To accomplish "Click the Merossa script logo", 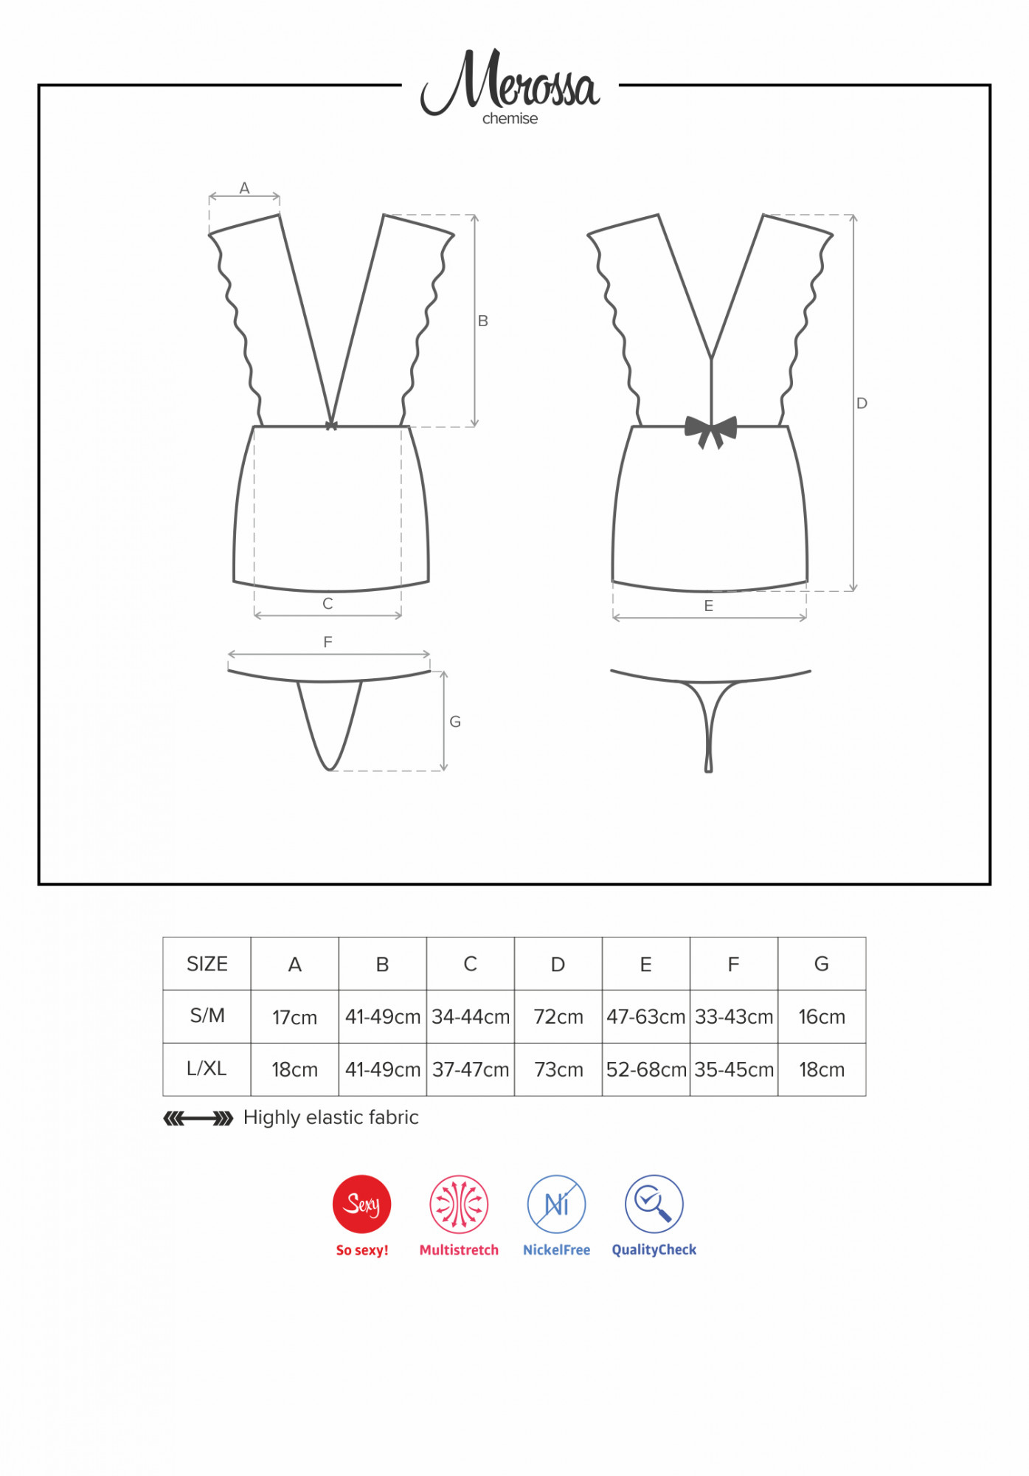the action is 510,81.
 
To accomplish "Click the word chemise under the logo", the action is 510,119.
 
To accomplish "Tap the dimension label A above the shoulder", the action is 244,188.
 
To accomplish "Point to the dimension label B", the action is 483,321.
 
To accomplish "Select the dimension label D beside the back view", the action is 862,403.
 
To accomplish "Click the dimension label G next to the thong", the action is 455,722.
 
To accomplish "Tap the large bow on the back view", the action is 710,431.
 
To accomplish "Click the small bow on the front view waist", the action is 331,425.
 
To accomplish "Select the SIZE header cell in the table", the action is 207,964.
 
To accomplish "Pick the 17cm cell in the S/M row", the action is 295,1017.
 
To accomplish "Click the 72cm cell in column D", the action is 558,1017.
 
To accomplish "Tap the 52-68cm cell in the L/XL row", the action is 646,1069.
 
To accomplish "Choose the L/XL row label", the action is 207,1069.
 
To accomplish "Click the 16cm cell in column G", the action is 822,1017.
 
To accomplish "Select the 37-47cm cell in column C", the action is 471,1069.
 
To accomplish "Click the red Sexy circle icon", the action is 361,1204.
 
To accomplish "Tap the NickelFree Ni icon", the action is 556,1204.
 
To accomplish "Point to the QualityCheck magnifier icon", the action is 654,1204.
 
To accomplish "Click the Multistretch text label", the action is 459,1249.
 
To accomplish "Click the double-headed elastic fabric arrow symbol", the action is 198,1119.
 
